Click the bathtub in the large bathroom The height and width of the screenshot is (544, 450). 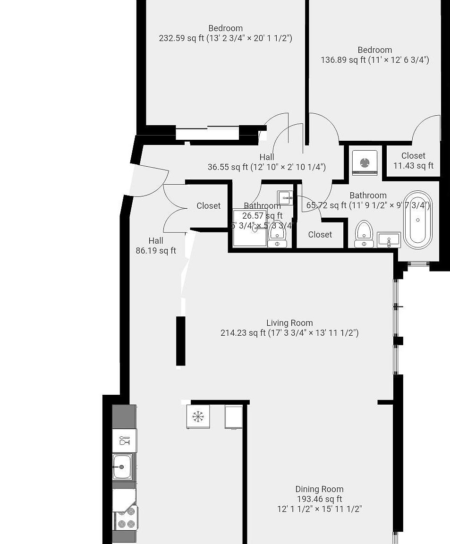(x=417, y=220)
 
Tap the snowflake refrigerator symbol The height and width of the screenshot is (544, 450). (x=198, y=416)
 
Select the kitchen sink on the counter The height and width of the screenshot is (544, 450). (x=122, y=467)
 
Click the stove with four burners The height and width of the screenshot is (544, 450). (x=126, y=518)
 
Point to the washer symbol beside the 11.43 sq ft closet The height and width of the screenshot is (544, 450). (x=365, y=163)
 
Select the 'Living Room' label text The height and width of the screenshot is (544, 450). (x=289, y=323)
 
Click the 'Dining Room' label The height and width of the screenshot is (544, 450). (x=319, y=489)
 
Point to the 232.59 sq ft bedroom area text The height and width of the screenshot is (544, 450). (x=225, y=38)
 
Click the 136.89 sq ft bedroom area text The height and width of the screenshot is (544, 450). (x=374, y=60)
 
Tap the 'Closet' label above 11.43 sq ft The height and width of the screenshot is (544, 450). (x=413, y=156)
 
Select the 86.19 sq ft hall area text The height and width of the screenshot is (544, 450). (x=156, y=251)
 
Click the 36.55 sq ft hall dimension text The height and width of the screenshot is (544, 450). (x=266, y=167)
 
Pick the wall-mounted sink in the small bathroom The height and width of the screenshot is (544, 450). (x=285, y=198)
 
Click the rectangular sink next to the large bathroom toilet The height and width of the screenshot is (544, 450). (x=389, y=240)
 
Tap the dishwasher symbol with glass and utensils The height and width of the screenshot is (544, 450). (x=125, y=441)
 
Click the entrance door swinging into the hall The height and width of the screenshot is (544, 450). (x=149, y=179)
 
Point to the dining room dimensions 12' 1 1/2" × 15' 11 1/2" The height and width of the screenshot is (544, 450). (x=319, y=509)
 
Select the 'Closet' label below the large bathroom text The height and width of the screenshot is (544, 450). (x=320, y=235)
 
